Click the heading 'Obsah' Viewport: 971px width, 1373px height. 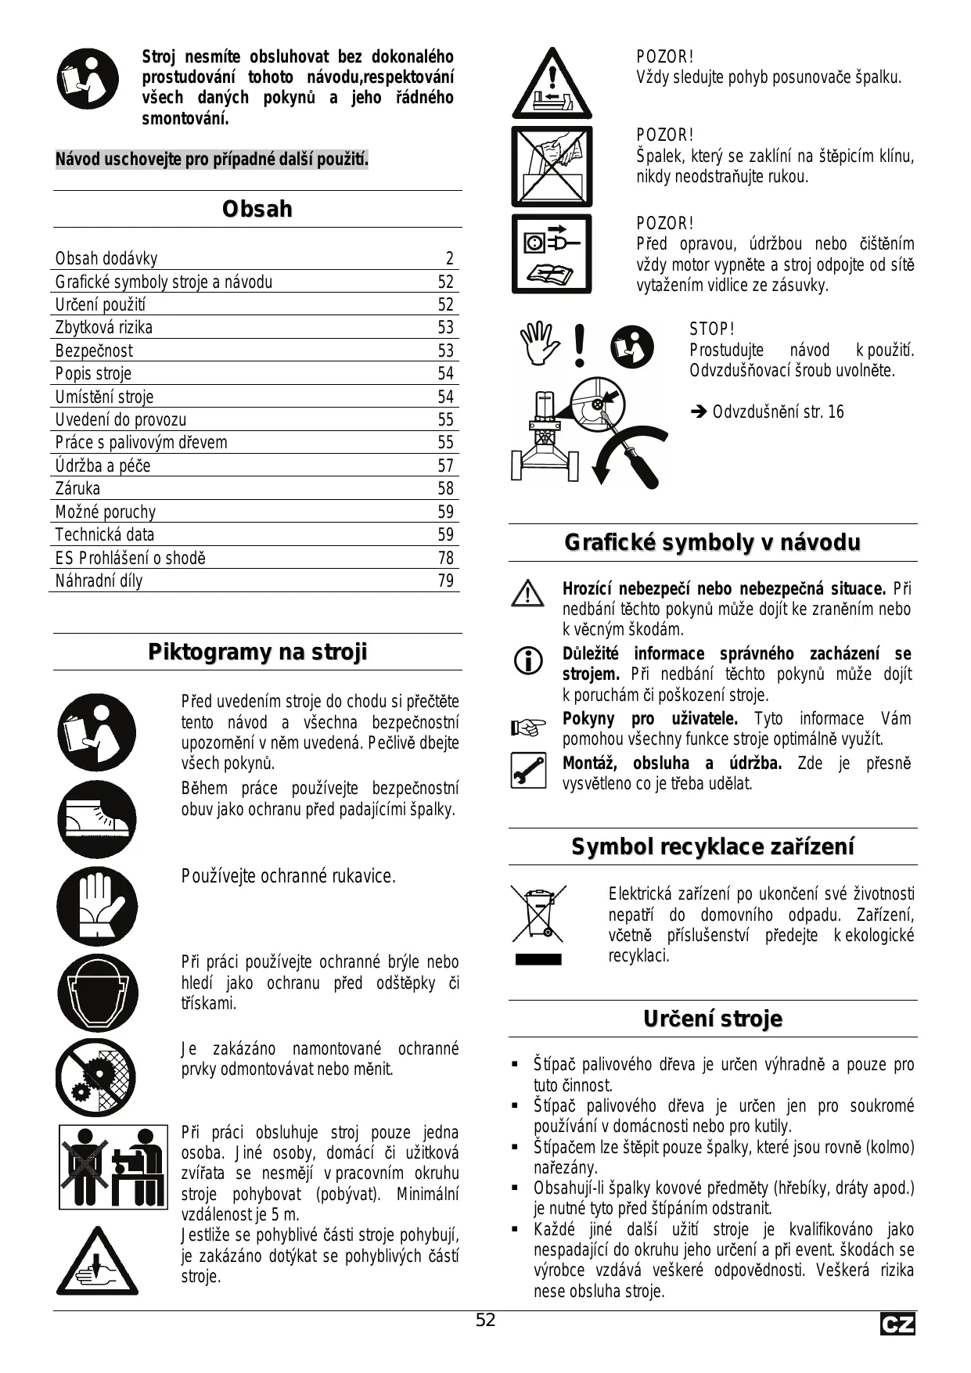tap(257, 210)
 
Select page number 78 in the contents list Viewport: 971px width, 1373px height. tap(445, 558)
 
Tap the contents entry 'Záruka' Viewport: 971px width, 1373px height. tap(77, 489)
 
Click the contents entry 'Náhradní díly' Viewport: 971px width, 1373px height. tap(99, 581)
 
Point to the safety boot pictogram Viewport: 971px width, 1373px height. tap(96, 819)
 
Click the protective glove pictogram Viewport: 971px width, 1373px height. tap(96, 906)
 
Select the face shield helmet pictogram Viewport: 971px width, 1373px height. tap(96, 992)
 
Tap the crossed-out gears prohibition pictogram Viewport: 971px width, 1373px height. tap(95, 1077)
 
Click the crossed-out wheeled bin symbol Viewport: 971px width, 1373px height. tap(538, 913)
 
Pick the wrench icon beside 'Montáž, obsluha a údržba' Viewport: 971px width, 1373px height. tap(528, 770)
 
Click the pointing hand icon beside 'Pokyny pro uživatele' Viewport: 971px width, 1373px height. tap(528, 729)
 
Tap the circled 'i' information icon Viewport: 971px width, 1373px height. tap(528, 662)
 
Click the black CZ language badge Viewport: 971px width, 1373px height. tap(897, 1324)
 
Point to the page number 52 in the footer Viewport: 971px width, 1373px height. tap(485, 1321)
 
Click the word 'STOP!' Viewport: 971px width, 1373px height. tap(711, 329)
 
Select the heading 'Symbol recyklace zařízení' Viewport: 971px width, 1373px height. tap(712, 846)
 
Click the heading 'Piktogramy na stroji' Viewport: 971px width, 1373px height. tap(257, 652)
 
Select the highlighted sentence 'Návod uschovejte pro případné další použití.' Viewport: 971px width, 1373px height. tap(211, 160)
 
